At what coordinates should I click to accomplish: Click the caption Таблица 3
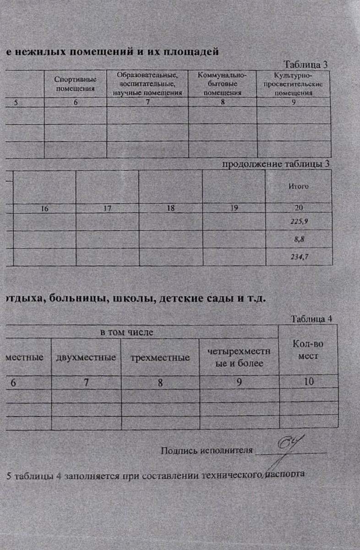pos(305,64)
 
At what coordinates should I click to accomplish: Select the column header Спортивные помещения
pos(76,84)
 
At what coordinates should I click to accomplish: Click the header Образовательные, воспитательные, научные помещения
pos(147,84)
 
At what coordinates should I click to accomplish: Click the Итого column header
pos(298,187)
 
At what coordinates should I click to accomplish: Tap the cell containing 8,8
pos(299,239)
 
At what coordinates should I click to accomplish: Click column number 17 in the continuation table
pos(107,208)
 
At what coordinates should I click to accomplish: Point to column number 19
pos(234,208)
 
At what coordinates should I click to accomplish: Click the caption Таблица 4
pos(311,319)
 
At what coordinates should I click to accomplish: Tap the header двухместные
pos(86,357)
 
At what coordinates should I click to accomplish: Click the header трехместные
pos(160,357)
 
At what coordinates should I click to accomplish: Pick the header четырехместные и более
pos(239,357)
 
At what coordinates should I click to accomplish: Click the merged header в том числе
pos(126,332)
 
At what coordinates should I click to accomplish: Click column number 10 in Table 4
pos(309,381)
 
